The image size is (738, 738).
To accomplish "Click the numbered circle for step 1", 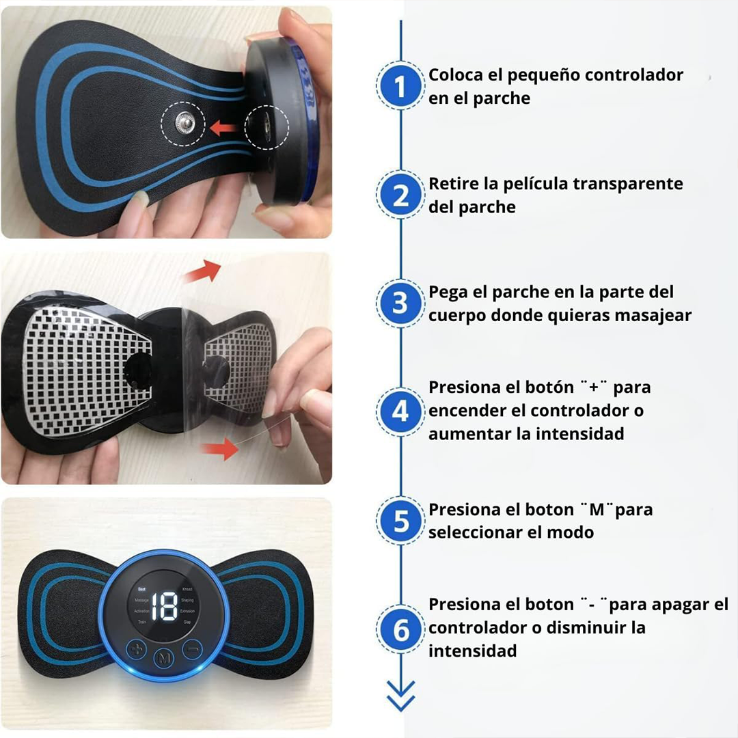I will point(400,87).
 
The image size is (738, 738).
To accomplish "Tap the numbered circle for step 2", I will point(400,195).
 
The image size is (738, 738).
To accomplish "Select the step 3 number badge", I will point(400,303).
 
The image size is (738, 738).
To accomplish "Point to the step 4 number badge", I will point(400,412).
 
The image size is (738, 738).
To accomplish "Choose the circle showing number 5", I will point(400,521).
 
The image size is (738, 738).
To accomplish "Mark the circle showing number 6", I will point(400,630).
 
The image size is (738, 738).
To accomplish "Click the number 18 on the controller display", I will point(164,605).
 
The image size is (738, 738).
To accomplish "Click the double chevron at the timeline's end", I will point(400,697).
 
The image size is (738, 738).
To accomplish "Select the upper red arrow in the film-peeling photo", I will point(203,271).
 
